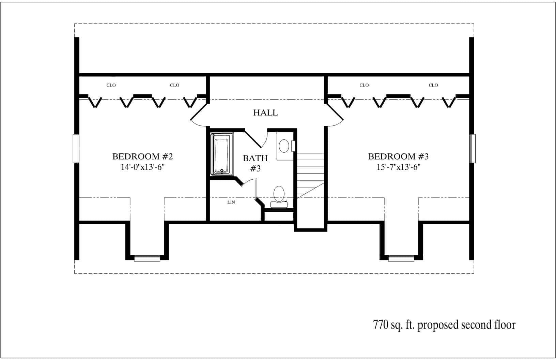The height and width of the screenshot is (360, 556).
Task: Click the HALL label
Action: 265,112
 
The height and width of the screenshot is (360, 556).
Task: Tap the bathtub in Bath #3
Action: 222,154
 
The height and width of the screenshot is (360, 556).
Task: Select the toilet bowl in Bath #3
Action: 279,194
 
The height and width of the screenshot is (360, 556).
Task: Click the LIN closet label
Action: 231,202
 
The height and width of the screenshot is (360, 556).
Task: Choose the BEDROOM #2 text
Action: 143,156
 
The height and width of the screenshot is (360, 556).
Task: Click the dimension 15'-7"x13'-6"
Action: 398,167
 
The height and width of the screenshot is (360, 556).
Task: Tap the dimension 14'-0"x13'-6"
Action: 143,167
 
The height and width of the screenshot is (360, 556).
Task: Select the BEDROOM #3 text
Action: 398,156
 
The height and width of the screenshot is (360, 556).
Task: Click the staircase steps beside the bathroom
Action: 310,170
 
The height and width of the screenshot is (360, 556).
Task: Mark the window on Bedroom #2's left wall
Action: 76,148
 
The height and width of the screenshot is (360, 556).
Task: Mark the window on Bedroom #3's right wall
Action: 473,148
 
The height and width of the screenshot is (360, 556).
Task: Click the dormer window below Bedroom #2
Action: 147,258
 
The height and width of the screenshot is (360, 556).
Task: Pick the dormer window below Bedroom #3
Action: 401,258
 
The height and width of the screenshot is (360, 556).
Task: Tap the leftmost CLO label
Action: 111,85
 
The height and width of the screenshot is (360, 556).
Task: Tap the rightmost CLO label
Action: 433,85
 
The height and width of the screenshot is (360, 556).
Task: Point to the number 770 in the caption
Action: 380,325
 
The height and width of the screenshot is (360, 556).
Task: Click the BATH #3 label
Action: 255,163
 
